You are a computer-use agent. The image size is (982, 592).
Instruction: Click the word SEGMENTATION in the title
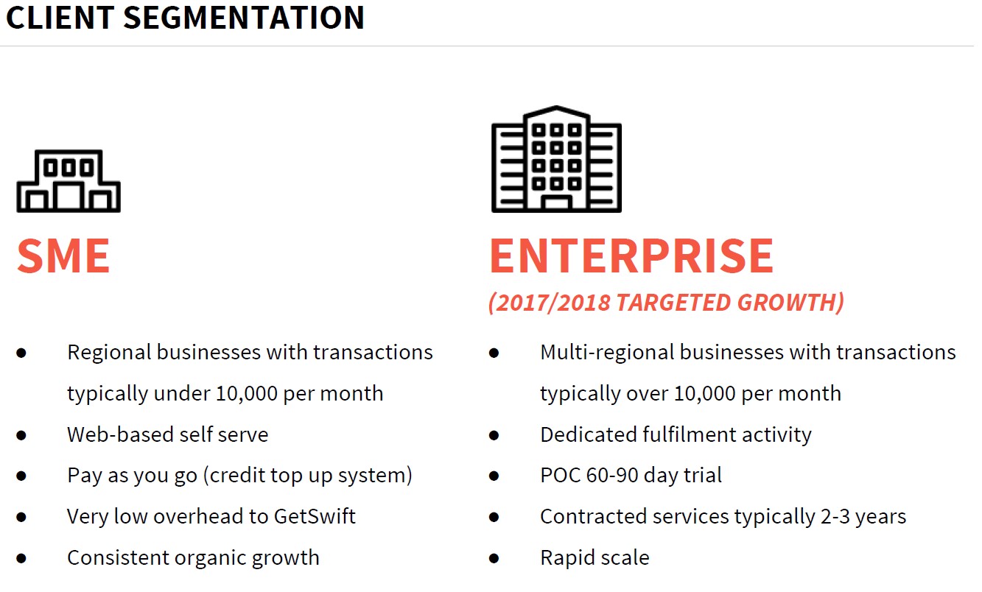244,18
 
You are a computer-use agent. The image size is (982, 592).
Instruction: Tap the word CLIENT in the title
60,18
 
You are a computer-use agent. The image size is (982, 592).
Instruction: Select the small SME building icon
69,181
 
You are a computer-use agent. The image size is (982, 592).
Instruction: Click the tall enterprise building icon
556,159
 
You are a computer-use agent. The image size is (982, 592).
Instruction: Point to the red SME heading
63,256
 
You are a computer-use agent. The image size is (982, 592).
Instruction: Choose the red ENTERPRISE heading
631,256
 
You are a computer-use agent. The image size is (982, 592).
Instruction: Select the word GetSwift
315,516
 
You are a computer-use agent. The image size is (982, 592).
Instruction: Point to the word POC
560,476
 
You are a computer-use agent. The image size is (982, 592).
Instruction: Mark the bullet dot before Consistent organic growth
21,558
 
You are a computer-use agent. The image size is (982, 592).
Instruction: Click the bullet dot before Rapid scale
494,558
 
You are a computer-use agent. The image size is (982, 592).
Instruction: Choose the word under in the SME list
181,393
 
